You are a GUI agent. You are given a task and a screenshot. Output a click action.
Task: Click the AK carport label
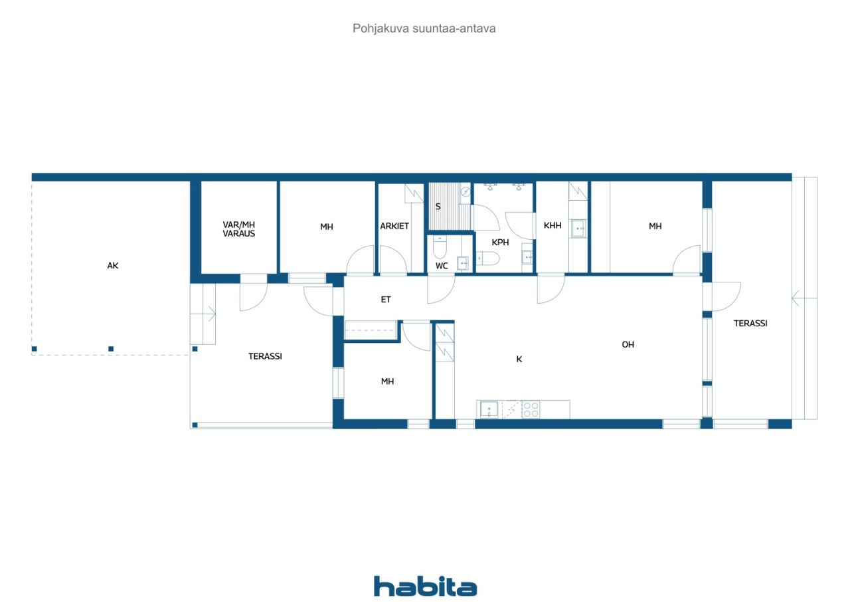[x=113, y=266]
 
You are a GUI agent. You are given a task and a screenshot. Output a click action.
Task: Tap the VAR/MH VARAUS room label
[x=239, y=229]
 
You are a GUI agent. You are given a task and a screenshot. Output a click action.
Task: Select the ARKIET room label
[x=394, y=227]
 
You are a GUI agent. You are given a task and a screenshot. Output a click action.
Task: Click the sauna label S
[x=438, y=207]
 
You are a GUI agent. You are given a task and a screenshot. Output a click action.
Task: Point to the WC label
[x=442, y=266]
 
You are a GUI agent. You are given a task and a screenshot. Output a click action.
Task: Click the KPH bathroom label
[x=500, y=243]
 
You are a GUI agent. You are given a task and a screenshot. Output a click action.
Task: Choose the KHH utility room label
[x=552, y=226]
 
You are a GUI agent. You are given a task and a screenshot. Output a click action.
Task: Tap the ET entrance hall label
[x=386, y=300]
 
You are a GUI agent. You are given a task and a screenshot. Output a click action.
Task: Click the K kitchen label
[x=519, y=359]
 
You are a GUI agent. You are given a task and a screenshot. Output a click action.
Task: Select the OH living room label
[x=628, y=345]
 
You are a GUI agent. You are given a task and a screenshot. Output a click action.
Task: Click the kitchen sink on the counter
[x=489, y=409]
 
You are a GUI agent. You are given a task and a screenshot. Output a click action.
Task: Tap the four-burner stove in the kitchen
[x=531, y=409]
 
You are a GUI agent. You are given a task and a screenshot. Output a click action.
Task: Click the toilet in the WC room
[x=440, y=249]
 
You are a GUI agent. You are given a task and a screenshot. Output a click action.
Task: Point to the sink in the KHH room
[x=579, y=228]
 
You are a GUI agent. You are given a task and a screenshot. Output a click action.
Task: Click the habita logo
[x=425, y=586]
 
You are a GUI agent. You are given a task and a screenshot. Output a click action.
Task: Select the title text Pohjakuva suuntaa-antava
[x=424, y=29]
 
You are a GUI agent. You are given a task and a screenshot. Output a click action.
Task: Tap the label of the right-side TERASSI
[x=750, y=324]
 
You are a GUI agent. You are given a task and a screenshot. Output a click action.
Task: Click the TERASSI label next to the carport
[x=265, y=356]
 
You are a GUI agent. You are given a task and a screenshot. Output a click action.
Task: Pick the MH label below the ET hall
[x=387, y=381]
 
